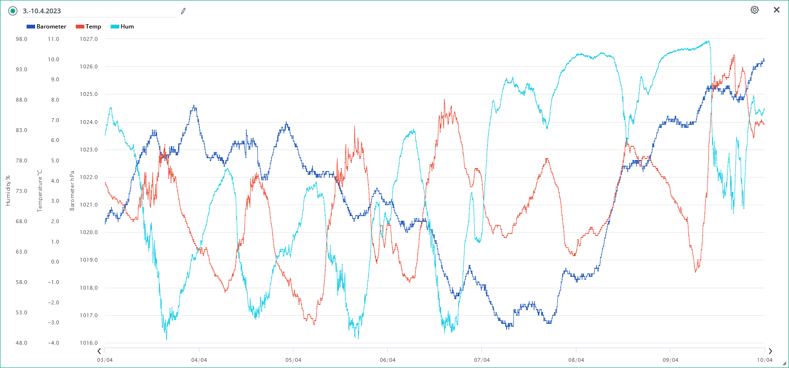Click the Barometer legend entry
(47, 27)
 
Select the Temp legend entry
(89, 27)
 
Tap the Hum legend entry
(122, 27)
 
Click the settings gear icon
(754, 10)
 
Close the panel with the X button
(777, 10)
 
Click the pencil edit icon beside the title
(183, 11)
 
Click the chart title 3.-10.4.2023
(42, 11)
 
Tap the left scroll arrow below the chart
(99, 351)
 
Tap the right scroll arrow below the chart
(770, 351)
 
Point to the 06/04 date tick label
(387, 360)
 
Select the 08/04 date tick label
(576, 360)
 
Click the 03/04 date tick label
(105, 360)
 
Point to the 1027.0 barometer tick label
(89, 39)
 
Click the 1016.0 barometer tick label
(89, 343)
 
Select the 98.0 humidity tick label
(21, 39)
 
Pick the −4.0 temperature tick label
(53, 343)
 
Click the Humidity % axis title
(8, 191)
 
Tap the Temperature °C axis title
(40, 191)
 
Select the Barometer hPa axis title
(72, 191)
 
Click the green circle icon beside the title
(13, 11)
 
